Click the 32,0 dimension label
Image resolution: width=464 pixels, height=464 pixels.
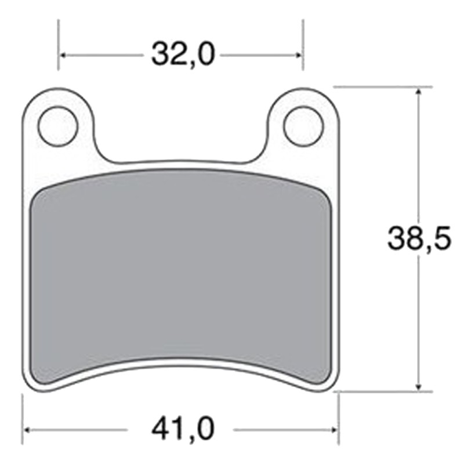(183, 55)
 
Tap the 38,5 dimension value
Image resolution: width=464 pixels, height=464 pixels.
(419, 238)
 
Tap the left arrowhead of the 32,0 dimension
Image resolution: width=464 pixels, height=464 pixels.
(63, 56)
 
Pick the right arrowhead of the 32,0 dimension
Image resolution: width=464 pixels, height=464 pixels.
(299, 56)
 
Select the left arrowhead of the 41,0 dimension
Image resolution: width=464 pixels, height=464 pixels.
(27, 430)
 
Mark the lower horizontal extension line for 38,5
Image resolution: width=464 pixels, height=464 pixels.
(383, 391)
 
